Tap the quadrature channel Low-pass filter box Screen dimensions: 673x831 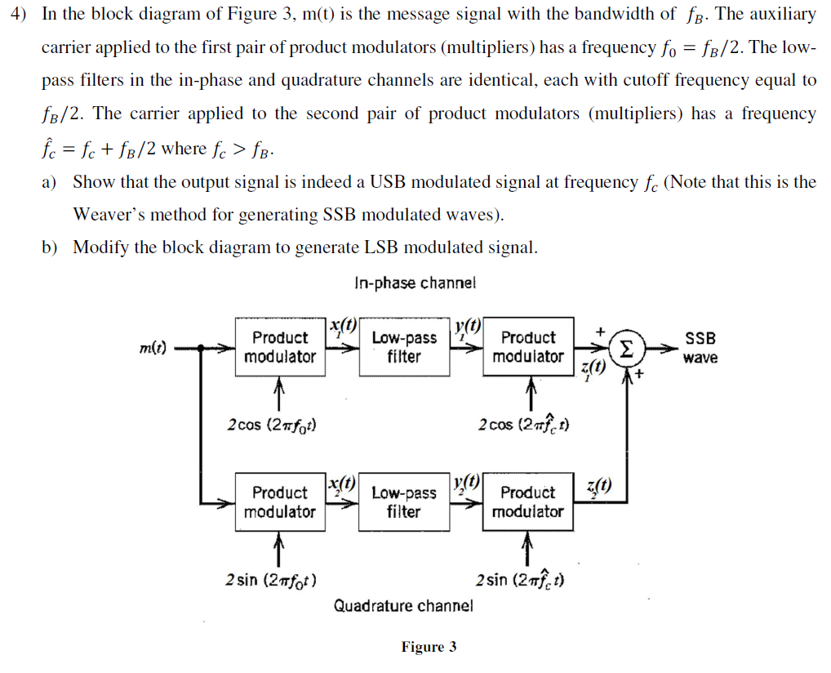(403, 502)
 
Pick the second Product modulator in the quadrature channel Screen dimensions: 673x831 (527, 502)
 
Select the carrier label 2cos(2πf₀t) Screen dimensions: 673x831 (272, 425)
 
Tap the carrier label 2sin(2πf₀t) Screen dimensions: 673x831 (271, 580)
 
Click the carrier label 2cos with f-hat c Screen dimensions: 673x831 (522, 425)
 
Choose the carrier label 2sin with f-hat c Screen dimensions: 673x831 (522, 580)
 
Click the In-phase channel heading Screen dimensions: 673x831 (415, 283)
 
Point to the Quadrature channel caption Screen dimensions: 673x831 (403, 606)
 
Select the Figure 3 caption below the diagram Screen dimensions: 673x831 (429, 647)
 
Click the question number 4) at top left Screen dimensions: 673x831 (22, 14)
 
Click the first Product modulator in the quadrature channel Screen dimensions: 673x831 (279, 502)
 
